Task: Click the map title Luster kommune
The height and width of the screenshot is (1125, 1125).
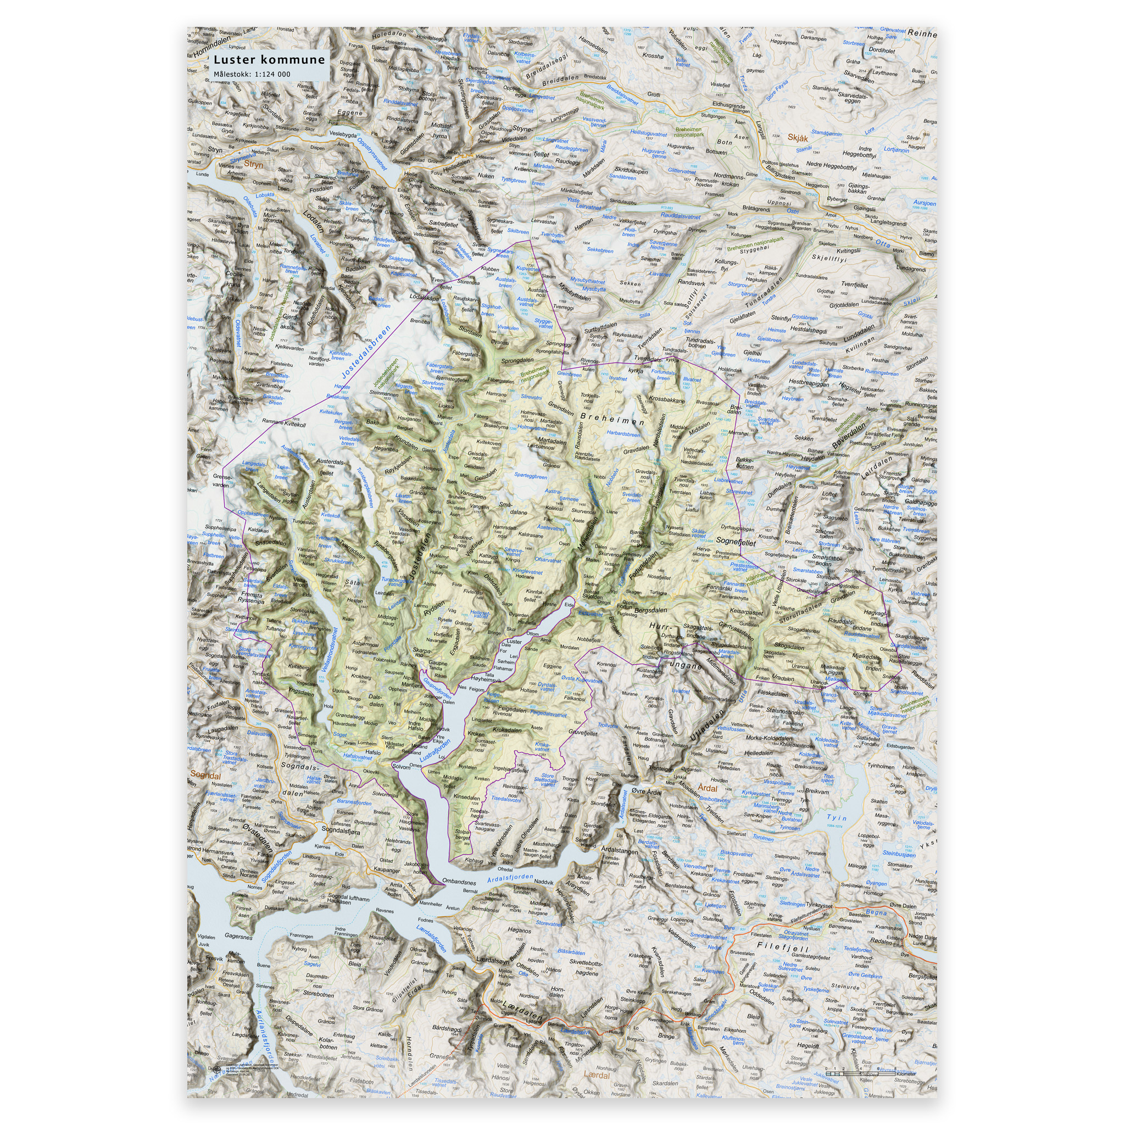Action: pyautogui.click(x=269, y=59)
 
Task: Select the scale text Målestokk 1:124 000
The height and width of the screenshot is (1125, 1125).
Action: pyautogui.click(x=252, y=74)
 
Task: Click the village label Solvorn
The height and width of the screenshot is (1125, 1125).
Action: pyautogui.click(x=401, y=767)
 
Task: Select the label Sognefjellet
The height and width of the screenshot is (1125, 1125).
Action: pyautogui.click(x=736, y=542)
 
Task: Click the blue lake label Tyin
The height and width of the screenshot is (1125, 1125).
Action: pyautogui.click(x=836, y=817)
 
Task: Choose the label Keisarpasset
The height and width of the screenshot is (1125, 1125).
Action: pyautogui.click(x=746, y=612)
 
